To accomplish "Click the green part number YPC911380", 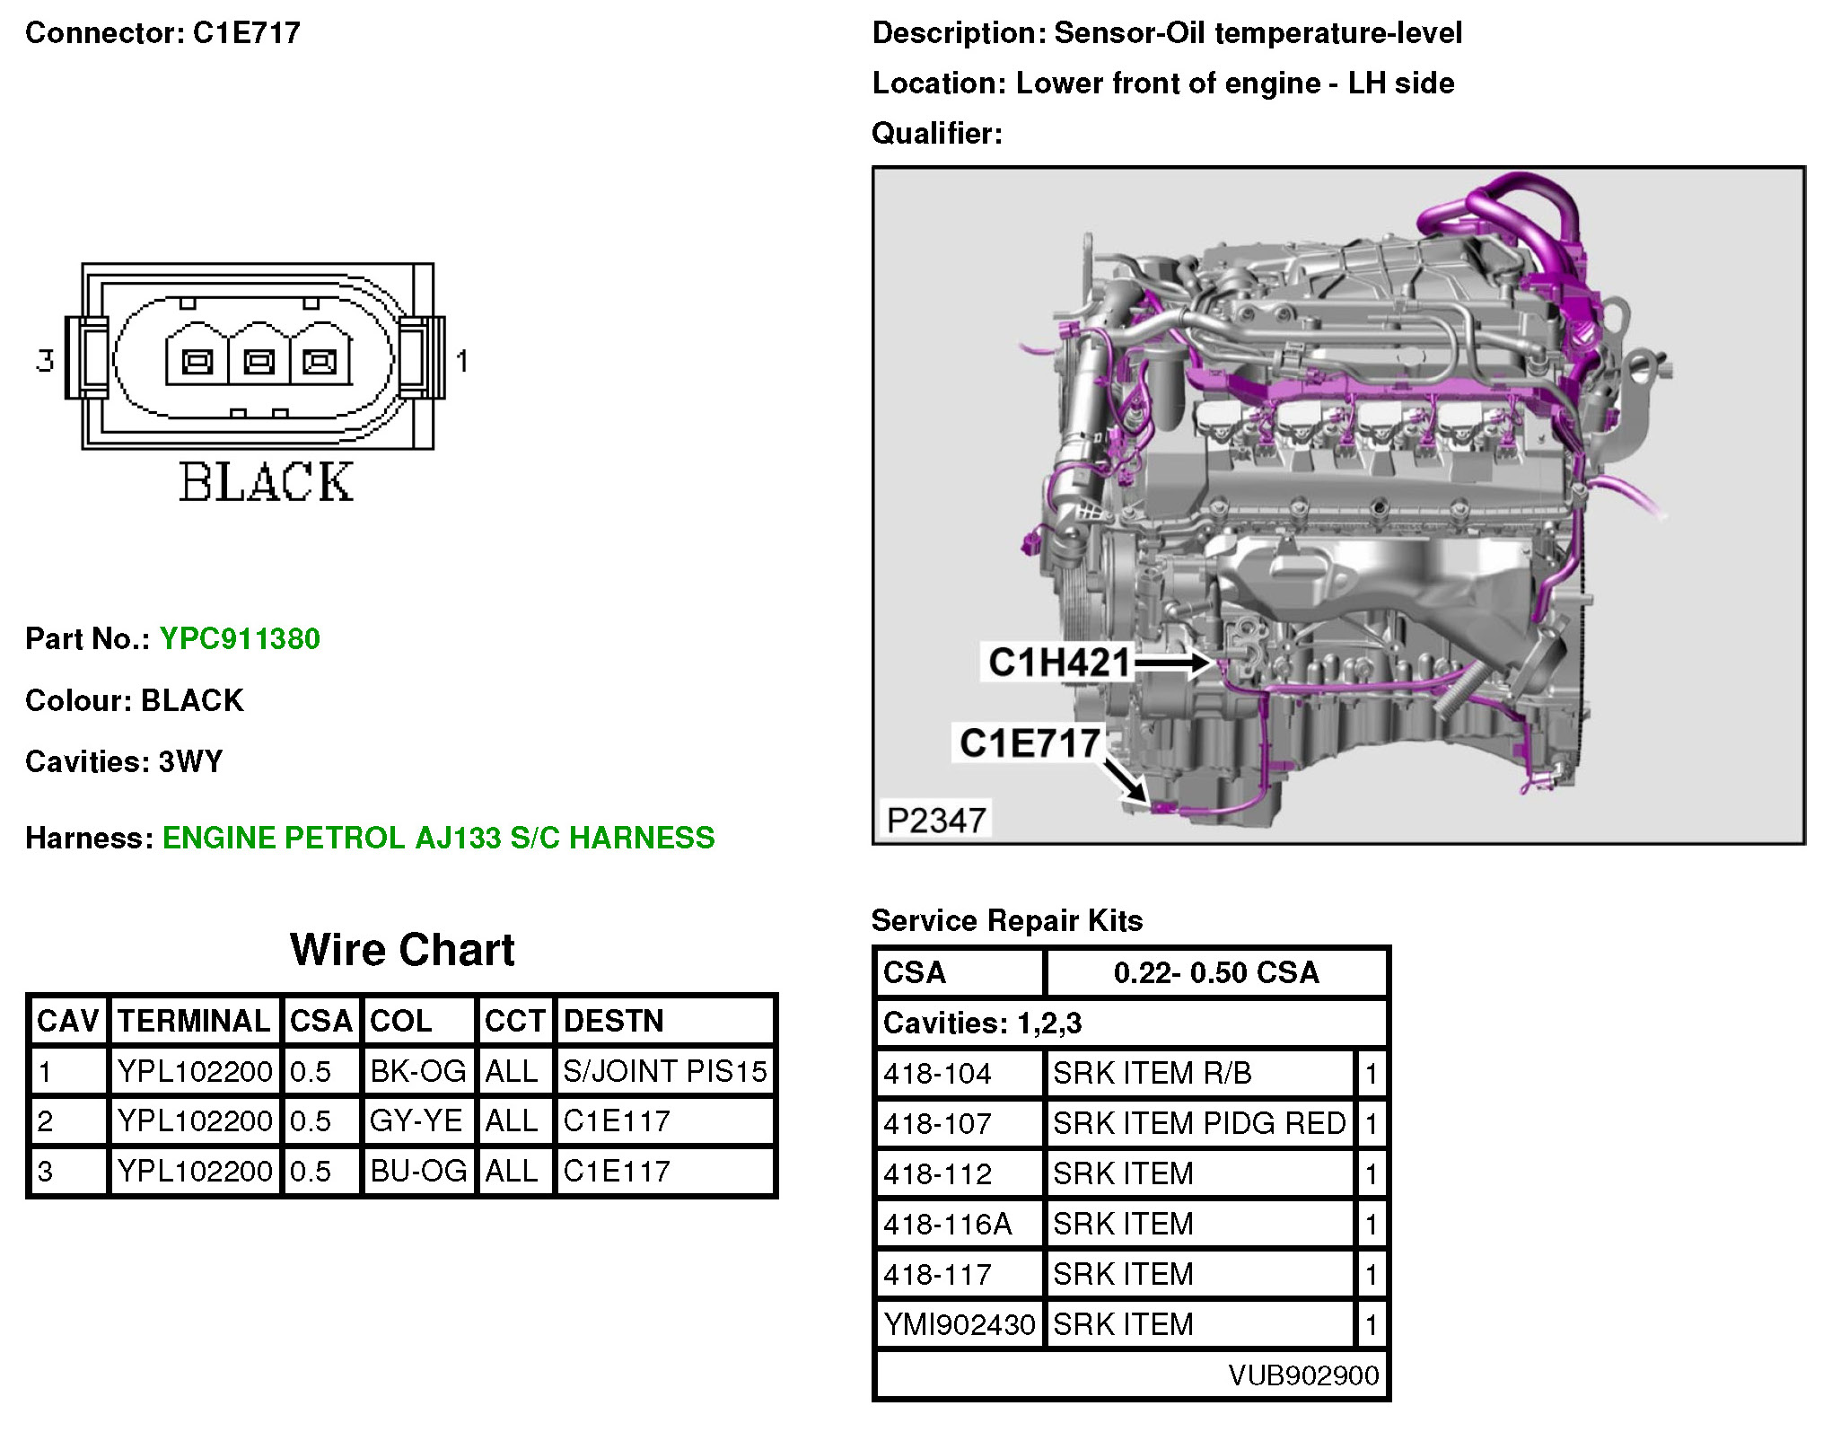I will tap(240, 638).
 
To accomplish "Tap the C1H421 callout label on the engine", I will tap(1058, 663).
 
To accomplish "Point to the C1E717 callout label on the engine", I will tap(1030, 743).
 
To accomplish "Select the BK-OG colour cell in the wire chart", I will tap(417, 1071).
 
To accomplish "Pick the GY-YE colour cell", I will tap(416, 1121).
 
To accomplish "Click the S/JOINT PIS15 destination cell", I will tap(664, 1071).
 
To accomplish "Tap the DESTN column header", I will tap(613, 1021).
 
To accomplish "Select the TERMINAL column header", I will tap(194, 1021).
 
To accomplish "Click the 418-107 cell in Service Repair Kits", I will tap(937, 1123).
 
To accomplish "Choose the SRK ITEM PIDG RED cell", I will tap(1199, 1123).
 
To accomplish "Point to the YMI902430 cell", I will tap(959, 1324).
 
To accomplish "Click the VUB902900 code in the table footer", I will tap(1303, 1375).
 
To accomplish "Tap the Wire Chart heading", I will tap(402, 950).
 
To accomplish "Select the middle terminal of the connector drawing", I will tap(259, 362).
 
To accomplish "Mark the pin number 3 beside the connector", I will tap(45, 361).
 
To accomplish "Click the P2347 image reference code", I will tap(935, 820).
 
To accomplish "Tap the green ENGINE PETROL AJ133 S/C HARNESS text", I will tap(438, 838).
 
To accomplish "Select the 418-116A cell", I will tap(947, 1224).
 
